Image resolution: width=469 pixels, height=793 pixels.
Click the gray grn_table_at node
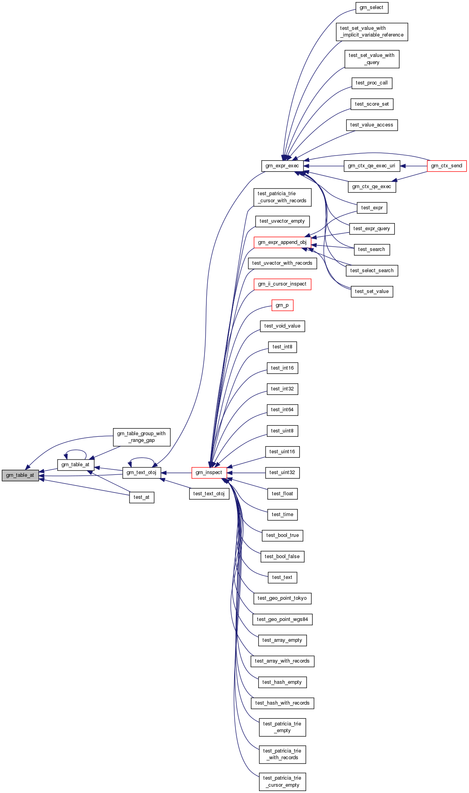click(x=20, y=475)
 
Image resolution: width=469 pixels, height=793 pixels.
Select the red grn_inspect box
click(x=209, y=473)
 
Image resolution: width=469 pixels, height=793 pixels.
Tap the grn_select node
click(x=371, y=8)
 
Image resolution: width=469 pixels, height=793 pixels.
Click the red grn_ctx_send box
click(x=447, y=166)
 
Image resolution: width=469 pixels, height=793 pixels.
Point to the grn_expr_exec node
click(x=282, y=166)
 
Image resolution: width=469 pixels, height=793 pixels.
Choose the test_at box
click(x=142, y=497)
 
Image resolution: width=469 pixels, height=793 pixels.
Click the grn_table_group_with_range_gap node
click(x=142, y=437)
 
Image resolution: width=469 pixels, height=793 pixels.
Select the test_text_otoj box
click(x=209, y=494)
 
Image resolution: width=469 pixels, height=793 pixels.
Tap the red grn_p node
click(x=282, y=305)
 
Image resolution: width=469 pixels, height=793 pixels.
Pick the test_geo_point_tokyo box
click(x=282, y=598)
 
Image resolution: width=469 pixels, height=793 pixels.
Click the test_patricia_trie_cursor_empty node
click(x=282, y=782)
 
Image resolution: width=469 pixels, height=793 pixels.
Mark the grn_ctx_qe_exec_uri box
click(x=372, y=166)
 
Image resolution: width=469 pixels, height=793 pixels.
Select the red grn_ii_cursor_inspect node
click(x=282, y=284)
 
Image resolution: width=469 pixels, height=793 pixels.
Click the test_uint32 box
click(x=282, y=473)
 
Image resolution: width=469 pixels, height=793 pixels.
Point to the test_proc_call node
click(x=372, y=83)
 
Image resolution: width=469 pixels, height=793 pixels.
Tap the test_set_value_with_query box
click(x=372, y=59)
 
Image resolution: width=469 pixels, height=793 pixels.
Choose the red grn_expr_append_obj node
click(x=282, y=242)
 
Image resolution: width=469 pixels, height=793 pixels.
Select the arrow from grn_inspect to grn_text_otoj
click(x=176, y=473)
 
